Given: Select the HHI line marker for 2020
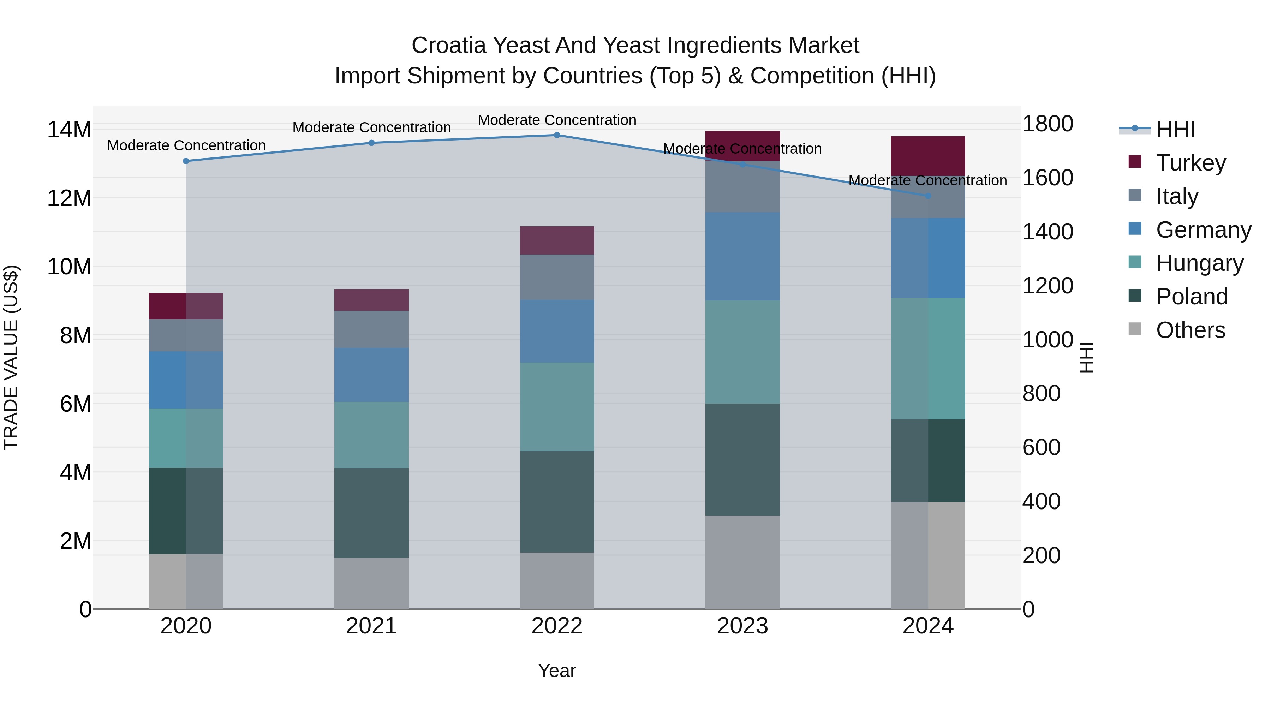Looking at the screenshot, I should (x=186, y=161).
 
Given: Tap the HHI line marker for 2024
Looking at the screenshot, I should (x=928, y=196).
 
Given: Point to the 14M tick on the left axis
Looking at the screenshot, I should (x=69, y=130).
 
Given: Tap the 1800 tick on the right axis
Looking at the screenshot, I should (x=1048, y=124).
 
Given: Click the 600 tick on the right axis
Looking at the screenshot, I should (x=1041, y=448).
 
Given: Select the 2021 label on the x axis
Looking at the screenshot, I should (x=371, y=626).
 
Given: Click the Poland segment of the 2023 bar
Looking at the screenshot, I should (x=742, y=459).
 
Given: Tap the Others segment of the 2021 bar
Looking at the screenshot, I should (x=371, y=583).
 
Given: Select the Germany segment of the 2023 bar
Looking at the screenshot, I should (x=742, y=257).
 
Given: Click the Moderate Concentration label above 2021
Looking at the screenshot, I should (x=371, y=128).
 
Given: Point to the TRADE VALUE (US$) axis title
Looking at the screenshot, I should (x=11, y=357).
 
